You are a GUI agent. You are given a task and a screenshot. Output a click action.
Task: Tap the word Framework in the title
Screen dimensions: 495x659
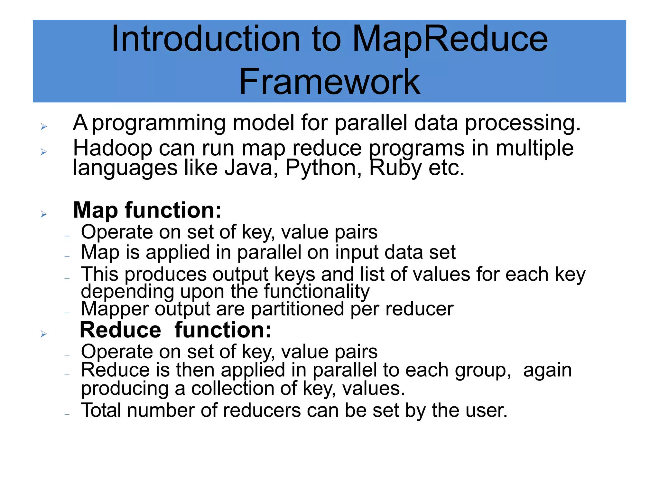coord(329,82)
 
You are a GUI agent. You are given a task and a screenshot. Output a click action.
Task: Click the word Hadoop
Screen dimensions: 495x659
coord(112,148)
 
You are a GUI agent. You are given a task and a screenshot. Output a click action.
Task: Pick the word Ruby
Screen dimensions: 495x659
coord(395,168)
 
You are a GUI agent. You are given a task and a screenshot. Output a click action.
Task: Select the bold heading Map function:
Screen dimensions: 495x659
coord(147,210)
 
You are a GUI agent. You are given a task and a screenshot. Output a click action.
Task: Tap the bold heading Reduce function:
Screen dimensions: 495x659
coord(175,330)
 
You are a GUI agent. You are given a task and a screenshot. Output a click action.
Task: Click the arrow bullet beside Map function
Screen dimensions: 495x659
coord(44,214)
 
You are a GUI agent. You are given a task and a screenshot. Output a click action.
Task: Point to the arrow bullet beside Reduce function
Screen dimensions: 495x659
coord(44,334)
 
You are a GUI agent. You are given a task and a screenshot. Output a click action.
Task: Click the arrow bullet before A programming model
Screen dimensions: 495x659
coord(44,127)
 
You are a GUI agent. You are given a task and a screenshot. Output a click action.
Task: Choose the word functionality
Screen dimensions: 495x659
coord(317,292)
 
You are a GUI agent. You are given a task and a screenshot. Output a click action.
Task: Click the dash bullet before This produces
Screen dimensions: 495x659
coord(67,278)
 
